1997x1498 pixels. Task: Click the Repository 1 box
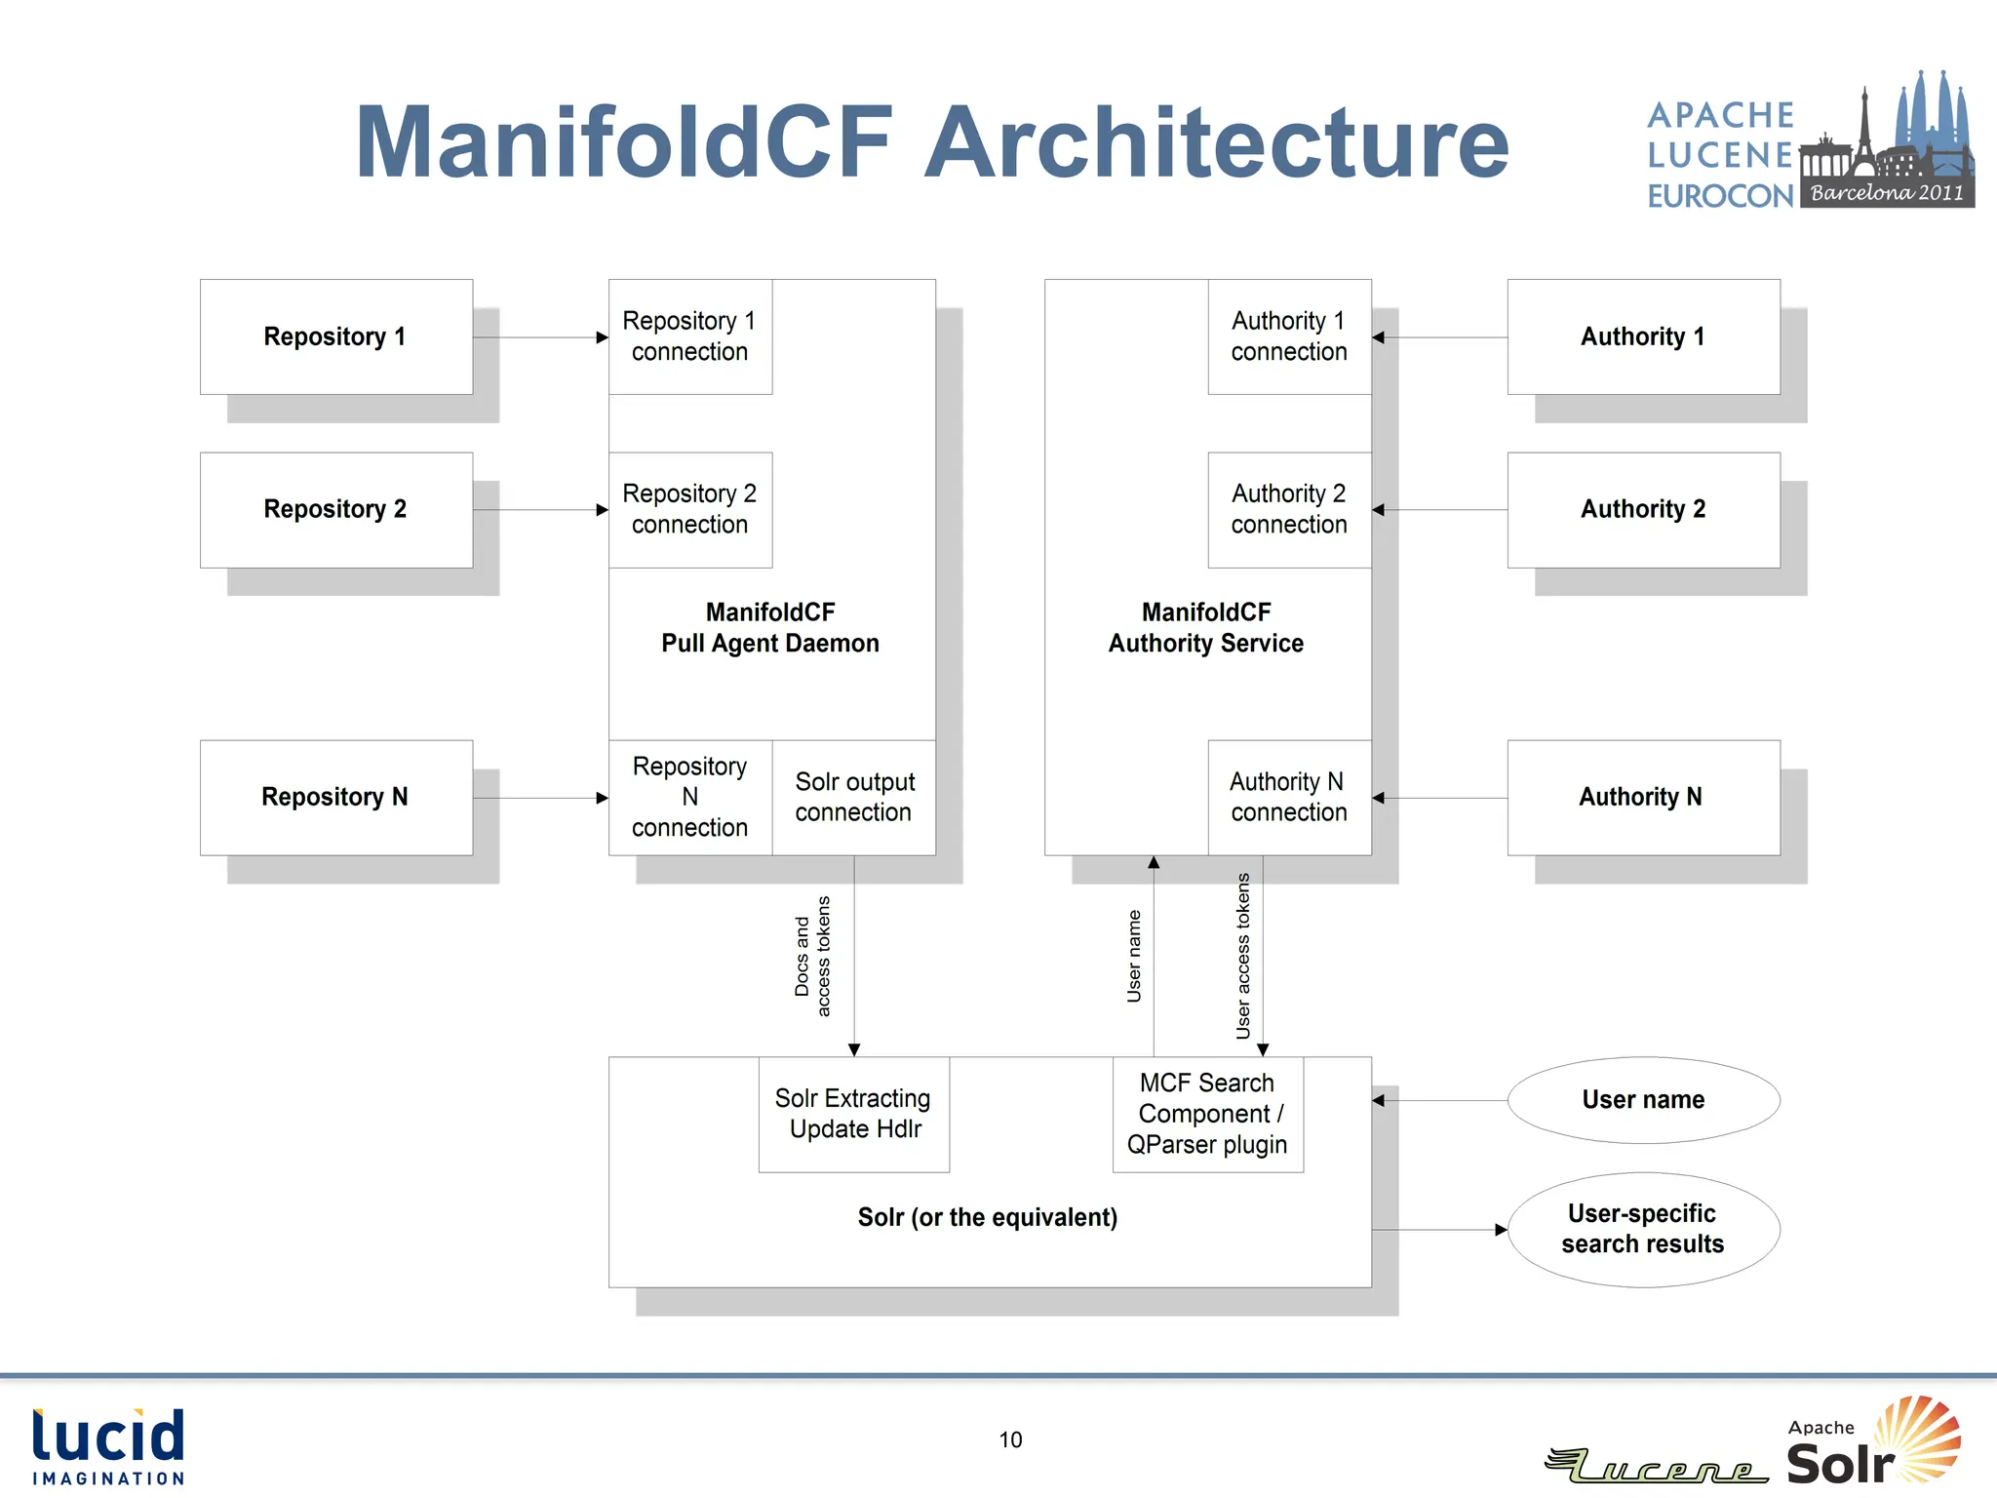tap(335, 337)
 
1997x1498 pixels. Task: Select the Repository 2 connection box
tap(689, 509)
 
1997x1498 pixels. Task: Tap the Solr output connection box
tap(854, 797)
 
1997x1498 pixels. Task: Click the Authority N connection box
tap(1288, 797)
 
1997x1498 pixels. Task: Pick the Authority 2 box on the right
tap(1643, 509)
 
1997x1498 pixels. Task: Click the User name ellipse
tap(1643, 1100)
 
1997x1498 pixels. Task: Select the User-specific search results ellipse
tap(1643, 1229)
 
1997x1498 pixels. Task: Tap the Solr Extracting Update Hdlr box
tap(854, 1114)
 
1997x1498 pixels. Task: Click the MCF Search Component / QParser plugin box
tap(1207, 1114)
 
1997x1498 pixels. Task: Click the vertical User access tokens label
tap(1243, 956)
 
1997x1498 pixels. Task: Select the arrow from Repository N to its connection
tap(540, 798)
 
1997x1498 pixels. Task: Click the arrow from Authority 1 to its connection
tap(1439, 337)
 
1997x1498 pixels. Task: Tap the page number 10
tap(1010, 1439)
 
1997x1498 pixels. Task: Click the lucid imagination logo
tap(108, 1446)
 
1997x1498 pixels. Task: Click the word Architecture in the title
tap(1216, 143)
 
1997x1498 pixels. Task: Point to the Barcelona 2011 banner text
tap(1887, 193)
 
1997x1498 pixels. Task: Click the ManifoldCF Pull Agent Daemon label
tap(770, 628)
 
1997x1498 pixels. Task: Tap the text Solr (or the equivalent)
tap(987, 1217)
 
